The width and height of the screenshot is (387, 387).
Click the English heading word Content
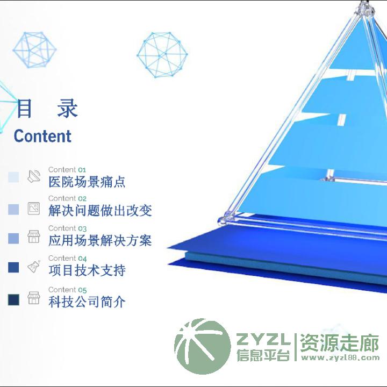pos(42,136)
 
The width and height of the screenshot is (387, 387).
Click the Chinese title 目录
pos(47,108)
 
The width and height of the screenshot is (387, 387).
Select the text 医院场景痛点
pos(87,182)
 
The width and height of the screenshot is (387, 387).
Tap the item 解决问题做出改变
pos(100,211)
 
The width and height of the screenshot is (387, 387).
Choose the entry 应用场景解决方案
pos(100,240)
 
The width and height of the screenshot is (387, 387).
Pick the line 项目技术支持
pos(87,270)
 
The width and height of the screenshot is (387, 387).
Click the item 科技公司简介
pos(87,302)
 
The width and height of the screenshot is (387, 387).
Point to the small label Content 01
pos(67,169)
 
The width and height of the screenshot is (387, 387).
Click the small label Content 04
pos(67,258)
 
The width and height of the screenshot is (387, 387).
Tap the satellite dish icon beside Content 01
pos(34,176)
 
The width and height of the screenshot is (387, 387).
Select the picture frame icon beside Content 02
pos(34,209)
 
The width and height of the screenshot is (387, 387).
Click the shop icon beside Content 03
pos(34,236)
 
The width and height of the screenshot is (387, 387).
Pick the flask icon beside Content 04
pos(34,266)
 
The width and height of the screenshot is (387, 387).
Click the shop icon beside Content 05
pos(34,298)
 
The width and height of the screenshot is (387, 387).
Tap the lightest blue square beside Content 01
pos(13,177)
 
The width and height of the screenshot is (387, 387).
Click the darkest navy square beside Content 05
pos(13,299)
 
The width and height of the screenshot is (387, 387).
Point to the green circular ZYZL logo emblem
pos(203,346)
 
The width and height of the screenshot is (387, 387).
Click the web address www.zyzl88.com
pos(340,357)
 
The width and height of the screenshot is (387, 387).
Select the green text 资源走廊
pos(339,343)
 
